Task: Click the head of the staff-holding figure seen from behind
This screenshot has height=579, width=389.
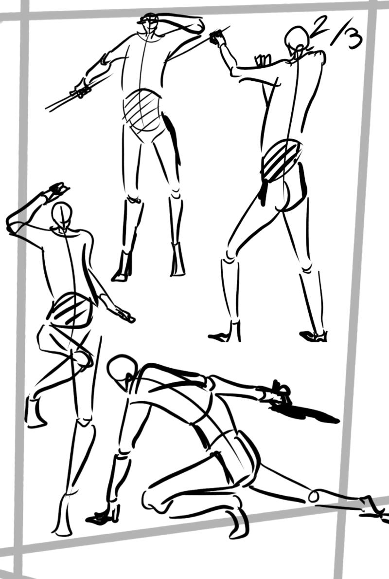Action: tap(297, 37)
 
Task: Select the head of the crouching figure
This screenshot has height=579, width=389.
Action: tap(121, 371)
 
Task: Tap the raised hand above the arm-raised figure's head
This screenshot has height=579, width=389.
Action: tap(56, 190)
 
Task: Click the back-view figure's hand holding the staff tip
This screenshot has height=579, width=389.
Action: tap(217, 37)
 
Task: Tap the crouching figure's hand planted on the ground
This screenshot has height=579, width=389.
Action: tap(103, 516)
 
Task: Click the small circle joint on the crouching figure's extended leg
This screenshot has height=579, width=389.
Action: tap(314, 496)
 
